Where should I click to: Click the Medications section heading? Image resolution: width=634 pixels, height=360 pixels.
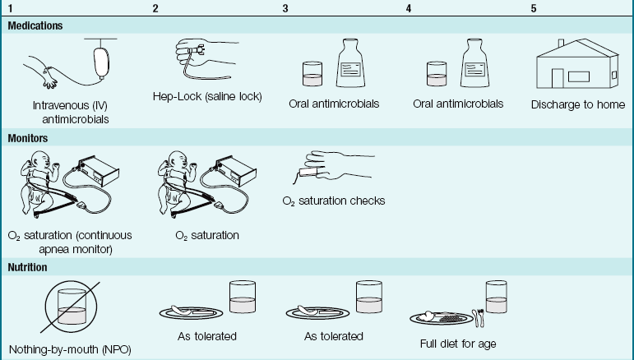(x=35, y=25)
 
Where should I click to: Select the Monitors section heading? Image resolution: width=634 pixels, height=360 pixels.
(x=28, y=138)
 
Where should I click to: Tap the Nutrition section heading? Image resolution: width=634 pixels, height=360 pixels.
(x=29, y=267)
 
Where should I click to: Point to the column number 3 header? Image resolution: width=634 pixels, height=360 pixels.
(x=285, y=8)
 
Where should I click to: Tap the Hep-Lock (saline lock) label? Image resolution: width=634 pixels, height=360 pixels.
(x=207, y=96)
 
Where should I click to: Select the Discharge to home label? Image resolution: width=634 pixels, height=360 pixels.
(x=577, y=104)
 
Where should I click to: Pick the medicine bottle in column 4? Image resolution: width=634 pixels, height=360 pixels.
(x=479, y=66)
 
